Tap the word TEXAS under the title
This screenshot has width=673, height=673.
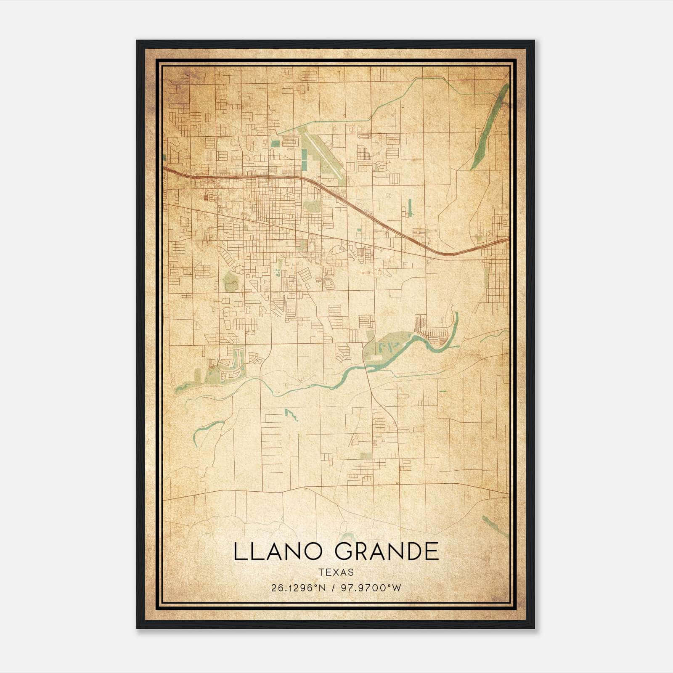(x=336, y=572)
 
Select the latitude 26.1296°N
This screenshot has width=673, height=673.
(x=299, y=588)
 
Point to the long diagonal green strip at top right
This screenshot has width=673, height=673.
(x=490, y=126)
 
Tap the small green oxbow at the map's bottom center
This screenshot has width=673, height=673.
(x=347, y=536)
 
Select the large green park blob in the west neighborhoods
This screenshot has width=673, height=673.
(x=230, y=281)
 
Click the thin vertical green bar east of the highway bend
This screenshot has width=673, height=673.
(x=409, y=208)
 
